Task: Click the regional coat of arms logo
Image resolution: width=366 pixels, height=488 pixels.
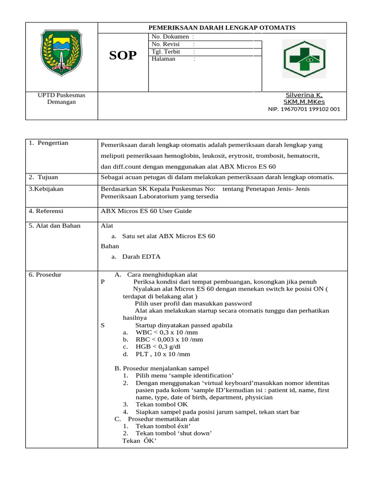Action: [61, 51]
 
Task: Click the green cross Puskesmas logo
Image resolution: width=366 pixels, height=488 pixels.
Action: [304, 59]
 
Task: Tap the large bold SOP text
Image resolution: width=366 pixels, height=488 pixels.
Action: [123, 56]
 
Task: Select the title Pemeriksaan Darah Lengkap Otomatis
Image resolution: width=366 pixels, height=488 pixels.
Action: [223, 28]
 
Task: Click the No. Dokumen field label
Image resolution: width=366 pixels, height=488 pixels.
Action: [170, 37]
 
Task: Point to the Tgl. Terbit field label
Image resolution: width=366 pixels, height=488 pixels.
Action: [165, 51]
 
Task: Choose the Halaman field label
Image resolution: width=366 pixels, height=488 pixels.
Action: [163, 59]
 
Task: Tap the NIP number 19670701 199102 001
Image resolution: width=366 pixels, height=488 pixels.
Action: [304, 109]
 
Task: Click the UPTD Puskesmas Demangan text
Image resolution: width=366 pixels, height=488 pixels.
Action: [61, 99]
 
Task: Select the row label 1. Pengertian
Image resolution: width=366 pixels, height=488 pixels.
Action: [48, 143]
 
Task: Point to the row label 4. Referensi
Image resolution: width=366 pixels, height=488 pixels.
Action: [46, 211]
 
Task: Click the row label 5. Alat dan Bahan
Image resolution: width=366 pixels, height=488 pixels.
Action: [54, 225]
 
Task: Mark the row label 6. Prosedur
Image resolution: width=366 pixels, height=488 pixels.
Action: [45, 274]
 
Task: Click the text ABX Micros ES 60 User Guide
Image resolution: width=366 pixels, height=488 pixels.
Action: [146, 211]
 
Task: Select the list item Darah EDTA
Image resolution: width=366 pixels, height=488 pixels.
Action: [141, 256]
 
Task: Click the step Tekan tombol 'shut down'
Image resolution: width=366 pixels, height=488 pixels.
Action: [173, 433]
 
